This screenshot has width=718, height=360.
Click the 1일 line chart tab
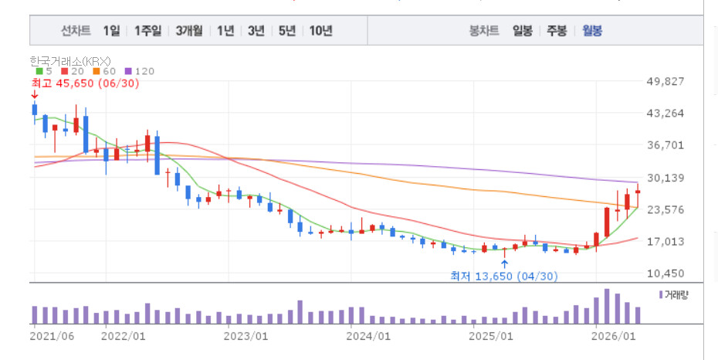(x=111, y=31)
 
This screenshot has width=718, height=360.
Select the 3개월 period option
(x=189, y=31)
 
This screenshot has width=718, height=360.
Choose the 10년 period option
(x=320, y=31)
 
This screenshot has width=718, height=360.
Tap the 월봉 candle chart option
(x=592, y=31)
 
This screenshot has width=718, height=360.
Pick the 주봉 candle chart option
(x=557, y=31)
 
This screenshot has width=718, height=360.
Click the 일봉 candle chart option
(x=523, y=31)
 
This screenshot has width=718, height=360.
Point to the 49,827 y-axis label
(x=665, y=82)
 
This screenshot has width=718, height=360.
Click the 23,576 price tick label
(x=665, y=209)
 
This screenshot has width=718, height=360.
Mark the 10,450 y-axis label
(x=665, y=273)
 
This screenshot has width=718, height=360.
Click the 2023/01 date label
(x=246, y=336)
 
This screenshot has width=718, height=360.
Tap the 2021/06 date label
(x=52, y=336)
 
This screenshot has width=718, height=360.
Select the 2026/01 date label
(x=613, y=336)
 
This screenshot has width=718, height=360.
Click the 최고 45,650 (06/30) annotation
(x=85, y=83)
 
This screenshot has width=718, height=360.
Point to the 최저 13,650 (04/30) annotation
(x=504, y=276)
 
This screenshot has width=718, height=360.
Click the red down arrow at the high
(x=34, y=95)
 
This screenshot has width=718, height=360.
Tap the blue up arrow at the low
(x=504, y=263)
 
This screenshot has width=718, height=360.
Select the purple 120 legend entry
(x=140, y=71)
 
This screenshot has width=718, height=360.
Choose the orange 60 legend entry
(x=104, y=71)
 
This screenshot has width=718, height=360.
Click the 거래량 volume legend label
(x=673, y=294)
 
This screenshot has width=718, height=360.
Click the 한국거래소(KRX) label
(x=70, y=61)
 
